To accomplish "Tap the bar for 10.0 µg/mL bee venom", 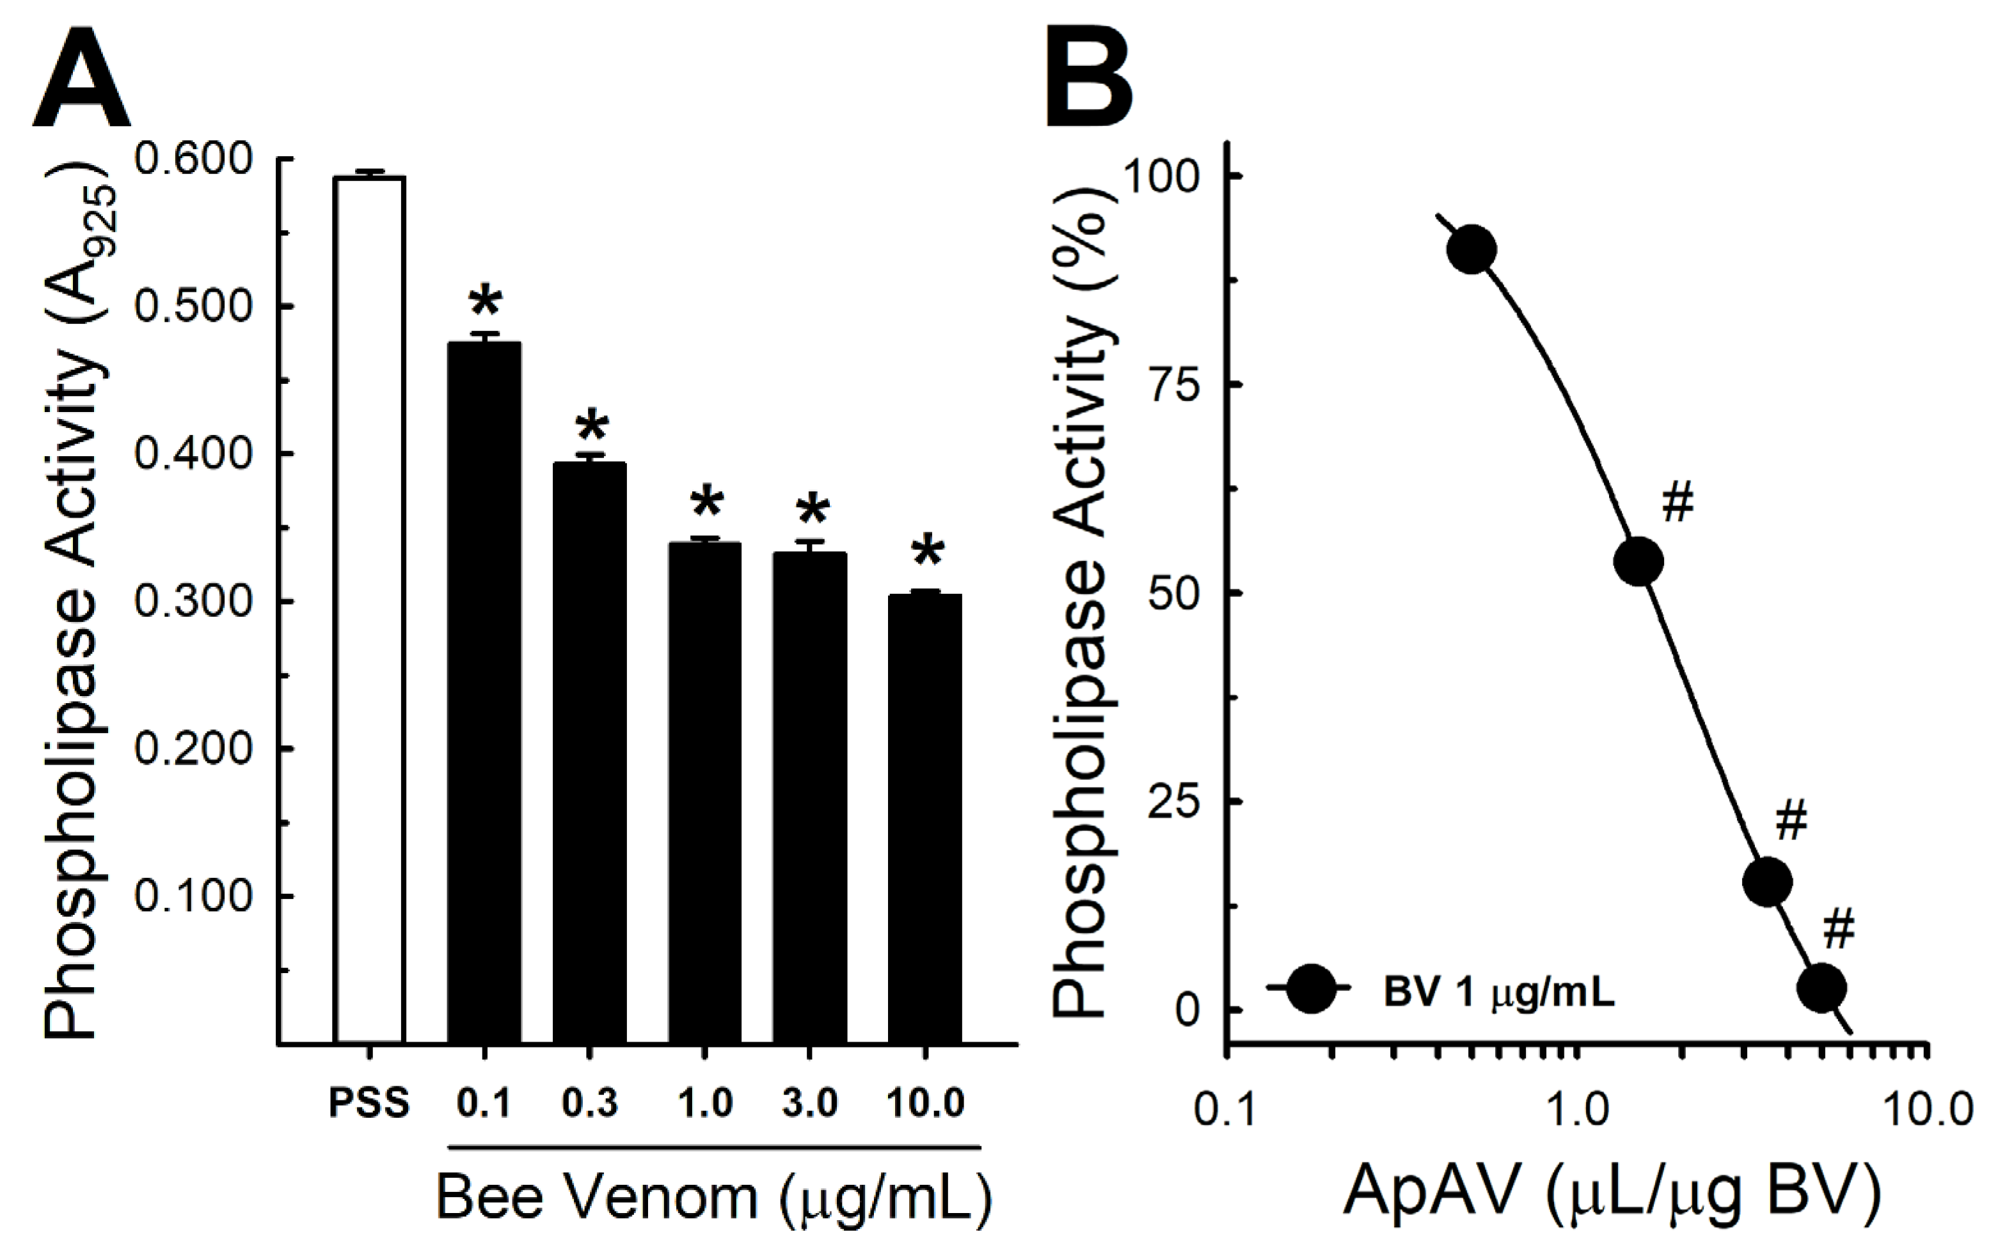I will tap(924, 818).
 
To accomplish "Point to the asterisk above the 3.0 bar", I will tap(812, 512).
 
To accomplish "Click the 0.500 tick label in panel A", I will tap(193, 306).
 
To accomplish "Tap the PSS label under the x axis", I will tap(369, 1104).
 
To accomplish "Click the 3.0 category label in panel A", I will tap(809, 1104).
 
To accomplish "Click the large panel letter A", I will tap(81, 76).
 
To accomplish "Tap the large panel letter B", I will tap(1089, 76).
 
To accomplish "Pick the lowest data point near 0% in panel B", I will tap(1821, 987).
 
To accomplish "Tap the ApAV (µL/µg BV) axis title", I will tap(1612, 1192).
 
